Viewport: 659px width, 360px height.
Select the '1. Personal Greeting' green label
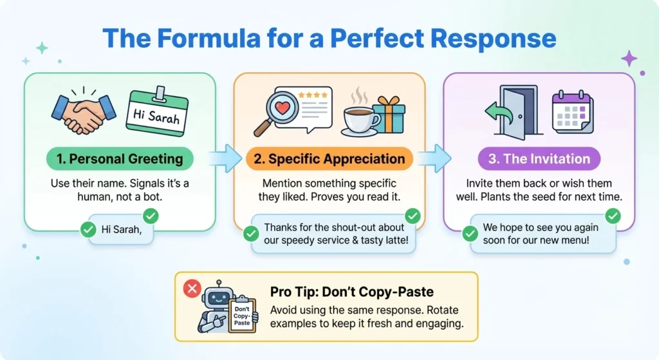(120, 158)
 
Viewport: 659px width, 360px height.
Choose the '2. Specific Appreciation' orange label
(329, 159)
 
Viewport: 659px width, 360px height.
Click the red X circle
(192, 289)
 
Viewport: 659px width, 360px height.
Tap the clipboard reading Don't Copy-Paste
(242, 314)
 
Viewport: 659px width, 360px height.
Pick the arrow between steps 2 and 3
(434, 158)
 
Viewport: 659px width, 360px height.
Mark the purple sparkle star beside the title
(629, 59)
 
